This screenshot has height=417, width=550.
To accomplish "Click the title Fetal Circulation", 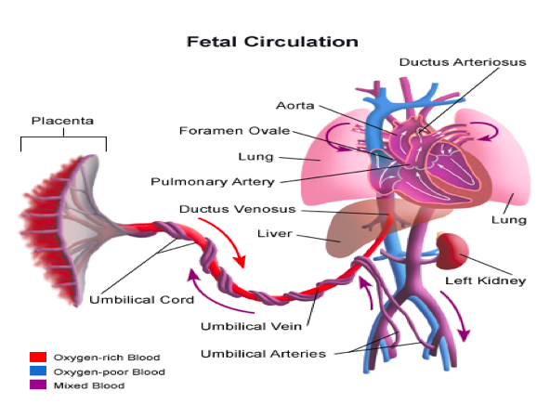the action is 272,42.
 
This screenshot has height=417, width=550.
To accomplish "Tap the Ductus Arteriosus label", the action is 463,62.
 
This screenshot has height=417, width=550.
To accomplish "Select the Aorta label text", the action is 295,105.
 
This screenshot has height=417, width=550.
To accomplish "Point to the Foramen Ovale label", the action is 235,130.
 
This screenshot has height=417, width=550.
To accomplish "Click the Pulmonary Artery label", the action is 213,182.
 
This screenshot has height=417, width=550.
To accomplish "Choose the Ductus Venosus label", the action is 238,209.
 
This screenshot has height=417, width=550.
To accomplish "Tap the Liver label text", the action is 275,234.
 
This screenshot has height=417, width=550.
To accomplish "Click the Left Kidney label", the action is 486,280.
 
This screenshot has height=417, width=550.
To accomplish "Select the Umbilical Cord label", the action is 142,299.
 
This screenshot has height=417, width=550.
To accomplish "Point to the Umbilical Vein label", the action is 251,326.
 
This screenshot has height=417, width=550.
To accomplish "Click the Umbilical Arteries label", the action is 264,354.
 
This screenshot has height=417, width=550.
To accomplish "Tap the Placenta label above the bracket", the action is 62,121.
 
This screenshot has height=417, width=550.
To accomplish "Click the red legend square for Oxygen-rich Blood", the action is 38,357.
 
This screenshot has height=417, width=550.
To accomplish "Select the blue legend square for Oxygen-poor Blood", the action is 38,371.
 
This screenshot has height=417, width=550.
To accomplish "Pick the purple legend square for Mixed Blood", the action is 38,384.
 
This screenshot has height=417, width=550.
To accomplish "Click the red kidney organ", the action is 452,251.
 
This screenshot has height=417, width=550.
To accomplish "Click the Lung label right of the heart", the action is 509,220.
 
